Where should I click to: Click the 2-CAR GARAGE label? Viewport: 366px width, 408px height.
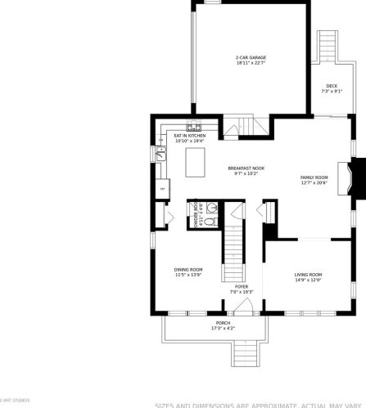coord(251,57)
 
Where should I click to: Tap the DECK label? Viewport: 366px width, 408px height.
coord(332,85)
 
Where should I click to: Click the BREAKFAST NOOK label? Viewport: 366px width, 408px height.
coord(246,168)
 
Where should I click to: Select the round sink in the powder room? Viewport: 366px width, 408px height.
coord(210,208)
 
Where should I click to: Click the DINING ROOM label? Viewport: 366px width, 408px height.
coord(188,269)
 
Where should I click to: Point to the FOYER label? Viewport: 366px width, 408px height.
coord(242,286)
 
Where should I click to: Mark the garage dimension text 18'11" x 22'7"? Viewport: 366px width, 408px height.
coord(251,63)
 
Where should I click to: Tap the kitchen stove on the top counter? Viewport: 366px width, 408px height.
coord(195,127)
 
